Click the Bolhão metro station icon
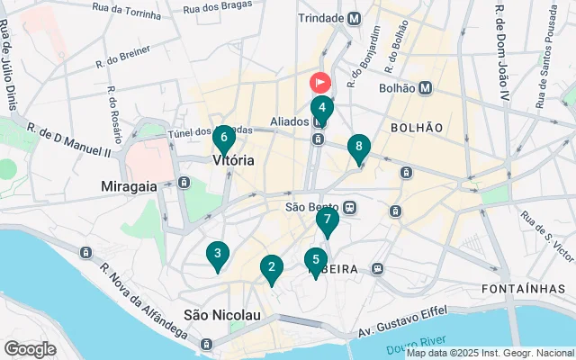(425, 88)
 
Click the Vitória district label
(233, 160)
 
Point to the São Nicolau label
(222, 315)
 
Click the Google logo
(30, 348)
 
